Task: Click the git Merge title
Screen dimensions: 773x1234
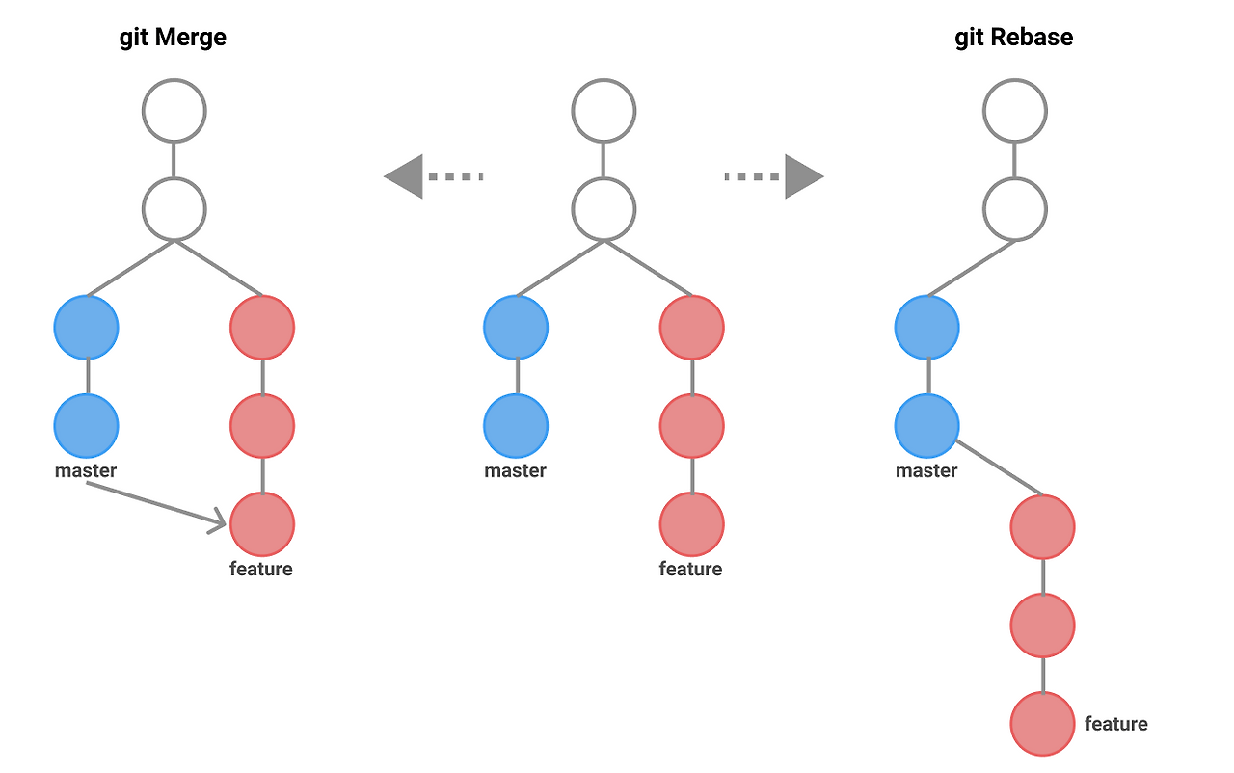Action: [173, 38]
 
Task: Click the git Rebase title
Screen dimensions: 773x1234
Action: [1013, 38]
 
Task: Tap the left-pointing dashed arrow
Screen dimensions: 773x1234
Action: [433, 176]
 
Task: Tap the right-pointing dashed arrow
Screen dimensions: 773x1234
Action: [774, 176]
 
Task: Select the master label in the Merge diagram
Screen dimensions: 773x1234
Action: [86, 471]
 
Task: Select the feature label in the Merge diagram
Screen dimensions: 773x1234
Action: [260, 569]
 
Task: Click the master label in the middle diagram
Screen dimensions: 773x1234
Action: [515, 471]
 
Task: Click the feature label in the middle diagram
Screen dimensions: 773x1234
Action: [690, 569]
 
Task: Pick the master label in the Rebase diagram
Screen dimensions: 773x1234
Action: [926, 471]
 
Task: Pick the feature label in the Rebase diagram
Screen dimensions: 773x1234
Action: [1115, 724]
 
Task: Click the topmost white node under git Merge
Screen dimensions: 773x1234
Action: [174, 111]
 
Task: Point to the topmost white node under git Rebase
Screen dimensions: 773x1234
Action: [1015, 111]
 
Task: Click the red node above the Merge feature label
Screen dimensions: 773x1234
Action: [262, 524]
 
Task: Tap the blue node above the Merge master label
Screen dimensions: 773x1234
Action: [86, 425]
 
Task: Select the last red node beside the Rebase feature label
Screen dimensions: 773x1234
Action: [1042, 724]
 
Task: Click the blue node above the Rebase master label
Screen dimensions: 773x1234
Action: [926, 425]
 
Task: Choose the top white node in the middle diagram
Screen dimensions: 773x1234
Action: [604, 111]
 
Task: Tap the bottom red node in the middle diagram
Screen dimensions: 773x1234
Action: [691, 524]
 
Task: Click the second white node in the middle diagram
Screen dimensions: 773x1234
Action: [604, 209]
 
